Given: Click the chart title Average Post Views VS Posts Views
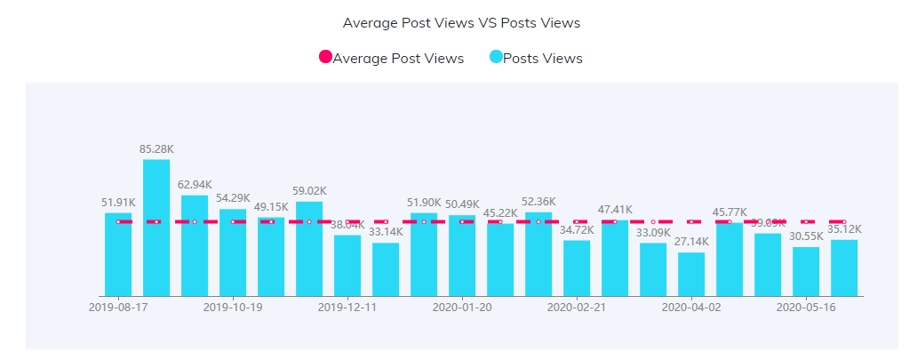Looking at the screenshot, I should [x=467, y=22].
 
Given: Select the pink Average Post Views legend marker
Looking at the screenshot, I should [x=325, y=58].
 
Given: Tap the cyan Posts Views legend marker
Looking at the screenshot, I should [x=496, y=58].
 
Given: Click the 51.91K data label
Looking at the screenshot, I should [x=118, y=203].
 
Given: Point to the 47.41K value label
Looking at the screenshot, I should [x=615, y=210].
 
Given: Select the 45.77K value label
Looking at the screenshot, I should [x=730, y=212].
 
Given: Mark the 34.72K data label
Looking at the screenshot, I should [x=577, y=230].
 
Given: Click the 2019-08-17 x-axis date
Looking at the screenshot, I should [x=119, y=308].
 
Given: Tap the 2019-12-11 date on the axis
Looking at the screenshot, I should [x=347, y=308].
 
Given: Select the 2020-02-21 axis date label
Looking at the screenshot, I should [x=577, y=308].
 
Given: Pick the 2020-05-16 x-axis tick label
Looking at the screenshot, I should [x=807, y=308].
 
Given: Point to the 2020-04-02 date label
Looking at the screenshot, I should [x=692, y=308].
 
